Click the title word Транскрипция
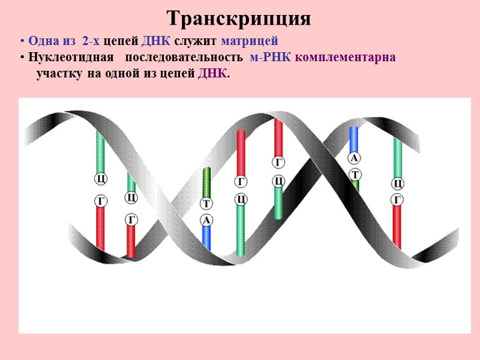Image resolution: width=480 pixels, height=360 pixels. (239, 18)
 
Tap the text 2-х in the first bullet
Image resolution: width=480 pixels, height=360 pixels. (91, 41)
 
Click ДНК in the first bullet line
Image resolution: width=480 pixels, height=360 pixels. (155, 41)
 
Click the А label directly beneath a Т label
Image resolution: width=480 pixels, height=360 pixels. (206, 220)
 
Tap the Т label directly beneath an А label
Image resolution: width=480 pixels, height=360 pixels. (355, 174)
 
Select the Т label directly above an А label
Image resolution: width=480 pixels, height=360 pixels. (206, 204)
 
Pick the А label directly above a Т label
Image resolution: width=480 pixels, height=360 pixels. (354, 158)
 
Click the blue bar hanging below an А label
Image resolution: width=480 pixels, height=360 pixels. (206, 238)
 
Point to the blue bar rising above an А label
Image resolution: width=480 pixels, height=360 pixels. (354, 139)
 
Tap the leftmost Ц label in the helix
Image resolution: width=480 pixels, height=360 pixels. (101, 179)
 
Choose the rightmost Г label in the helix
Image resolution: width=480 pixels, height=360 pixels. (397, 199)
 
